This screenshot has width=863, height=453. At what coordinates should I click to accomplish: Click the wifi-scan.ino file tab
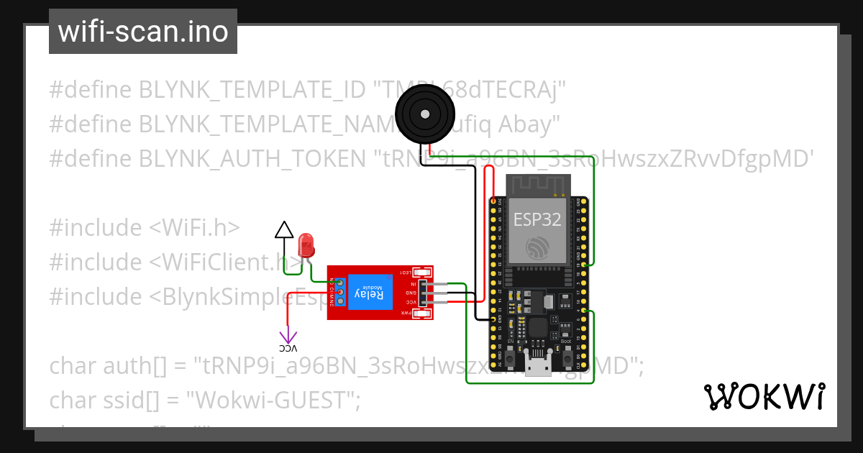(142, 32)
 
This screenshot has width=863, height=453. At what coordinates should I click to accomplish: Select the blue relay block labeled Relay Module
(370, 293)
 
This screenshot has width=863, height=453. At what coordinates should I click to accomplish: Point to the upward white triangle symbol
(284, 230)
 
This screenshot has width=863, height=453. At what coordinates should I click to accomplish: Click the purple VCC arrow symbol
(288, 336)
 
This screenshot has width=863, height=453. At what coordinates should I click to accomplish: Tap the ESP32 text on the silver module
(536, 219)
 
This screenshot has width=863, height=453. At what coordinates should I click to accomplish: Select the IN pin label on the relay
(412, 284)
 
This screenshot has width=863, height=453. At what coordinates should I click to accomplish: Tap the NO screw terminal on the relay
(339, 283)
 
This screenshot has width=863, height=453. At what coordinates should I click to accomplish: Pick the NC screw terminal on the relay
(339, 301)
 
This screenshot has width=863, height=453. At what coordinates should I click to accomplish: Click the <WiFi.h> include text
(194, 227)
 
